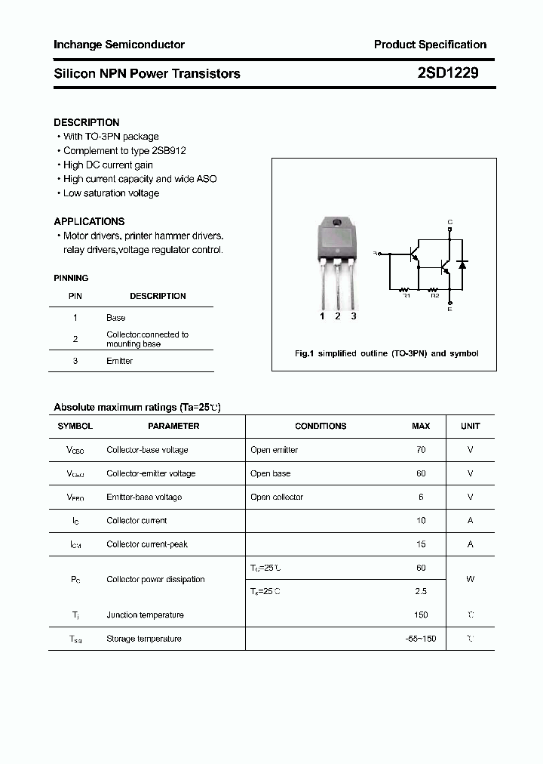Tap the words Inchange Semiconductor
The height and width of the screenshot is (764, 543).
point(119,45)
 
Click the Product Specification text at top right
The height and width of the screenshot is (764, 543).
point(430,45)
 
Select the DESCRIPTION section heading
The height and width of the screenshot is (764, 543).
point(87,122)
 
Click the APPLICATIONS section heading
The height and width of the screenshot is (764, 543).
point(89,221)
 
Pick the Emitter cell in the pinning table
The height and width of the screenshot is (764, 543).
point(119,361)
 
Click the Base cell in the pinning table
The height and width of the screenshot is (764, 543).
point(115,318)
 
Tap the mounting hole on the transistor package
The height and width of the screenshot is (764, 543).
point(337,223)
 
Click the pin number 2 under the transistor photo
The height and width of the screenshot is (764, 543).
point(337,316)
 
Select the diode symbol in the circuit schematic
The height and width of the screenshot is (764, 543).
point(463,265)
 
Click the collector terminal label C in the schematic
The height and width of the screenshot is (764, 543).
point(450,222)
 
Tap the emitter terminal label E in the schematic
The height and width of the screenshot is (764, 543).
point(450,309)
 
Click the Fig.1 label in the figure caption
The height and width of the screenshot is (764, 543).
point(303,353)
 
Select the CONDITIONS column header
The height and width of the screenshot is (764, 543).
point(321,426)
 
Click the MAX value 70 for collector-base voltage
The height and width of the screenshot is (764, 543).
point(420,450)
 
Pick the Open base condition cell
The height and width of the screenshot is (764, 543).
point(270,473)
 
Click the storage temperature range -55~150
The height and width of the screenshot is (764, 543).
point(420,639)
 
